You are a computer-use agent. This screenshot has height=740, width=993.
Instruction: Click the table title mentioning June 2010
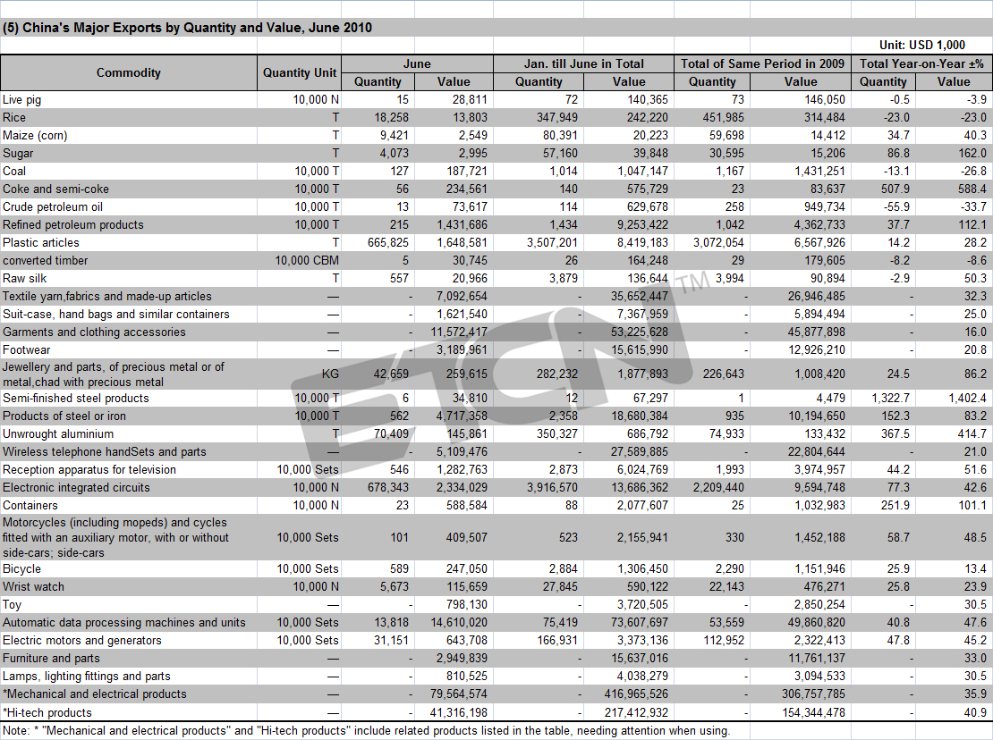point(188,28)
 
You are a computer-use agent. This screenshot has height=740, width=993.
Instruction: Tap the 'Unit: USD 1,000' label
point(922,45)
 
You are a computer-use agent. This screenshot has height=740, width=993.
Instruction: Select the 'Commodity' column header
point(129,72)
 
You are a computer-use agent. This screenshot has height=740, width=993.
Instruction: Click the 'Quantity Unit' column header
point(300,72)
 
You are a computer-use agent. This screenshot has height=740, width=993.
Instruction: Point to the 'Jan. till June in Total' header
point(583,63)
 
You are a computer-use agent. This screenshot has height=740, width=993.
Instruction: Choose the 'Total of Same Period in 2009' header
point(762,63)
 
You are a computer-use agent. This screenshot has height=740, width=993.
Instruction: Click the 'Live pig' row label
point(22,100)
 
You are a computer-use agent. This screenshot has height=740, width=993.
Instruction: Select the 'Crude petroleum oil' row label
point(53,207)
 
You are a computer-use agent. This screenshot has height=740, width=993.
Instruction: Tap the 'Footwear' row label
point(27,350)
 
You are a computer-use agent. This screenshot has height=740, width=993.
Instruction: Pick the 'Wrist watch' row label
point(34,587)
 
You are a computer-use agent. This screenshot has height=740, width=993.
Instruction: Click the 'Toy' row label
point(12,605)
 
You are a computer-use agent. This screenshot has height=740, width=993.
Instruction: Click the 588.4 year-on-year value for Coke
point(972,189)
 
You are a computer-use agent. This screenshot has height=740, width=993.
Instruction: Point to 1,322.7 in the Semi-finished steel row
point(890,399)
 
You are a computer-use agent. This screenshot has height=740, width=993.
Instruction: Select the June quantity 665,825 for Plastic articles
point(388,243)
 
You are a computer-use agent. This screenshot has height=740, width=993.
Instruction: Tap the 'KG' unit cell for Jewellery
point(330,374)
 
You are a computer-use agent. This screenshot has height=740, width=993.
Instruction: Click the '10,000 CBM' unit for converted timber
point(307,261)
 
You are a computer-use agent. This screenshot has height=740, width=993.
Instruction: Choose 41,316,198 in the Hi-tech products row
point(459,713)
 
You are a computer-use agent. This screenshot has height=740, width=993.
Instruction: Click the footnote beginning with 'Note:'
point(366,731)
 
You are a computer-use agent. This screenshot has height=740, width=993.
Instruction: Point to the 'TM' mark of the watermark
point(694,283)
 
